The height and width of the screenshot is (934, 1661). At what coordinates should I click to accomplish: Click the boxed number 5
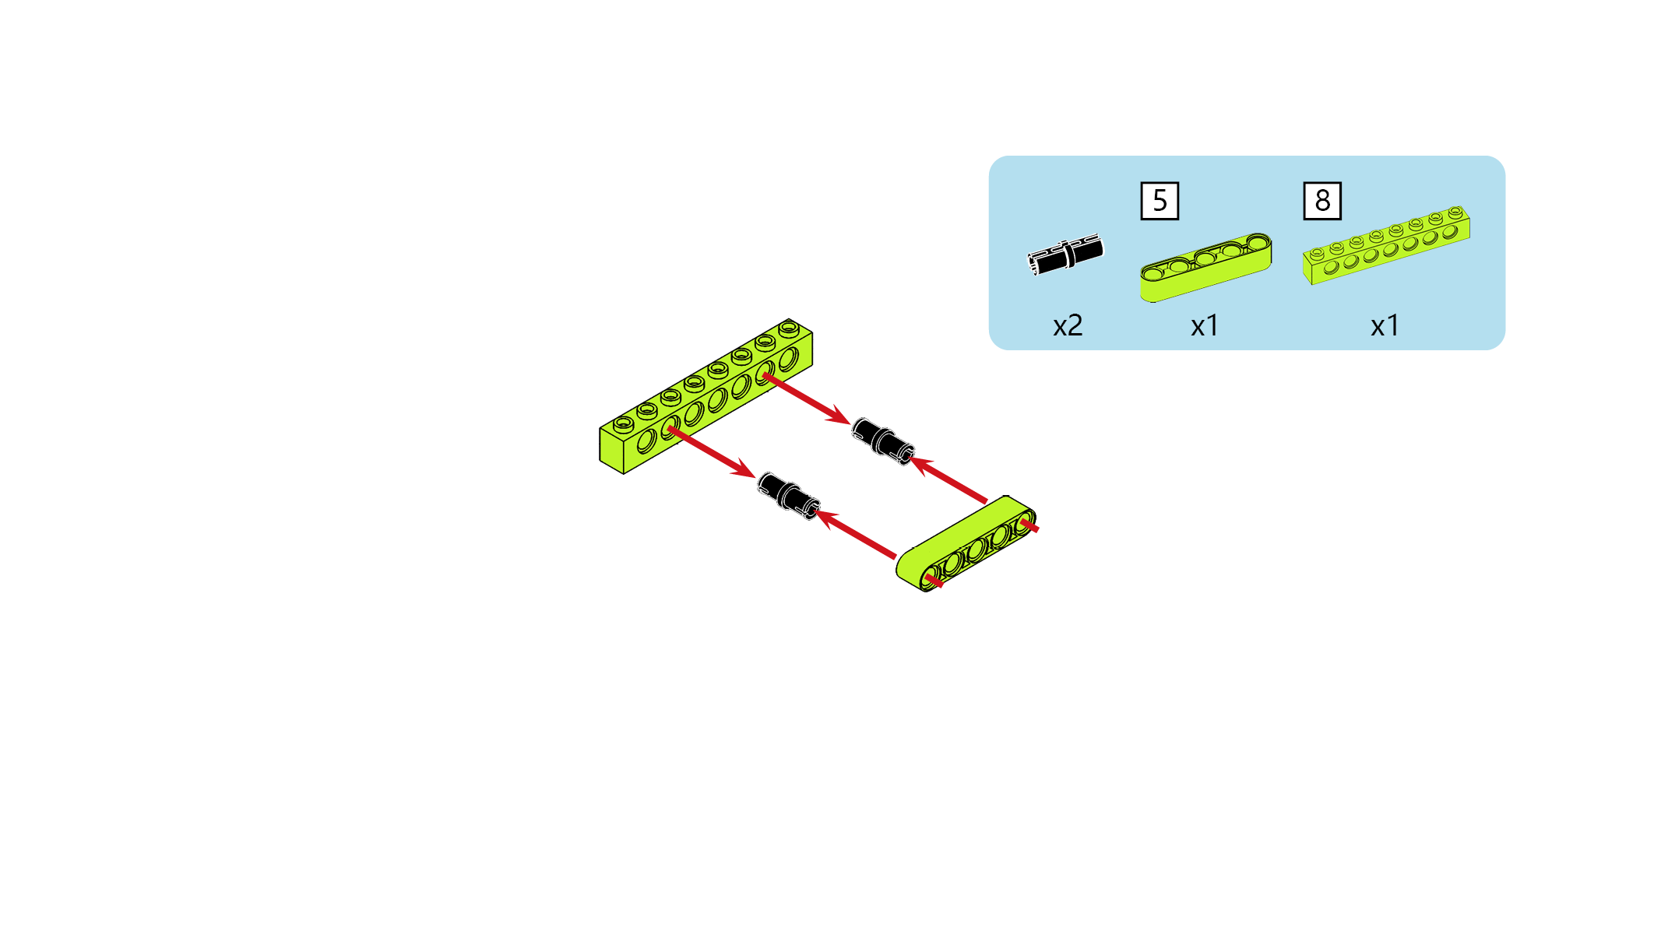tap(1160, 201)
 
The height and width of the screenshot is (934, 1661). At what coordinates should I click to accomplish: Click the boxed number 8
tap(1322, 201)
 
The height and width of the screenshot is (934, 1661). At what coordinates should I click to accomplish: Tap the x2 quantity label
tap(1068, 325)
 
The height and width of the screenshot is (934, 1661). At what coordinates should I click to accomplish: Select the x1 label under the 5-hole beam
tap(1205, 325)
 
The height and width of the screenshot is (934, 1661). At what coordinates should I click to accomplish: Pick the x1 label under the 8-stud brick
tap(1385, 325)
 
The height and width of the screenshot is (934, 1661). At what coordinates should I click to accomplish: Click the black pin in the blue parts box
tap(1065, 254)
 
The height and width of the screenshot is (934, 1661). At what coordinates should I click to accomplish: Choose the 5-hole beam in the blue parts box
tap(1205, 267)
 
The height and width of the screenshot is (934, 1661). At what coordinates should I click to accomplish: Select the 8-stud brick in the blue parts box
tap(1386, 245)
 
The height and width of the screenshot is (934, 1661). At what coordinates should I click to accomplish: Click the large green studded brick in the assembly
tap(706, 396)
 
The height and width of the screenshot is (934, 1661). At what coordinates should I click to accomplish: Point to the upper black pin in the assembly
tap(882, 441)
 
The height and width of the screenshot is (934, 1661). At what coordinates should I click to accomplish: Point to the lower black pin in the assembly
tap(788, 496)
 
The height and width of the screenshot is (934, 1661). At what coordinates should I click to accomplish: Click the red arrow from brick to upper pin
tap(807, 399)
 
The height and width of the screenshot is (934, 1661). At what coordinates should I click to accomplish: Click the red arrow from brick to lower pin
tap(712, 452)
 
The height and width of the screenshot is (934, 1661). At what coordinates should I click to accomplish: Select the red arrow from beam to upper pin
tap(948, 479)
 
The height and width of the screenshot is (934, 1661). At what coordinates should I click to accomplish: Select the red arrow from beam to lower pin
tap(855, 534)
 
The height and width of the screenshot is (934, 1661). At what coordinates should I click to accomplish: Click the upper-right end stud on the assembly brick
tap(789, 328)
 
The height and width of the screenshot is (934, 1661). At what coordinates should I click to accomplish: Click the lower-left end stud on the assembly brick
tap(623, 423)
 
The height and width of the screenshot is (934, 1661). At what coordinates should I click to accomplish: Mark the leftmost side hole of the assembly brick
tap(646, 442)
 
